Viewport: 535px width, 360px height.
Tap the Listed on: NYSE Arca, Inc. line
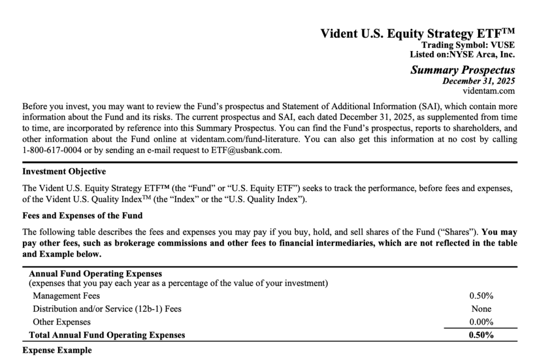point(462,54)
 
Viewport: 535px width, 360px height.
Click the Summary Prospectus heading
point(462,70)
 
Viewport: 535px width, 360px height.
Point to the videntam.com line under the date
point(489,91)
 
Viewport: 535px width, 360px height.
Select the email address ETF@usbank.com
point(245,150)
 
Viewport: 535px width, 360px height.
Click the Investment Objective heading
point(64,171)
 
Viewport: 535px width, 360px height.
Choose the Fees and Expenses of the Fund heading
point(82,215)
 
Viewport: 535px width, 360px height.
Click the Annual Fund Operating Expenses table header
point(96,274)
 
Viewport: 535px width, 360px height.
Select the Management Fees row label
point(66,296)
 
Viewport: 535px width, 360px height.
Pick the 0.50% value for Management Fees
point(481,296)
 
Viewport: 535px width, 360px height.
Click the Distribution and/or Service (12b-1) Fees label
point(107,309)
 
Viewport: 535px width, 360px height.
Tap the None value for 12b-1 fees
point(481,309)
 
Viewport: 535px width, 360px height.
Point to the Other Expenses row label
point(62,322)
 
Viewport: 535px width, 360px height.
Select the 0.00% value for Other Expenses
point(481,322)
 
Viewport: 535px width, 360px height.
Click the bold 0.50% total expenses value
point(481,335)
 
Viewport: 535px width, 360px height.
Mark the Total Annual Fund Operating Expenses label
point(107,335)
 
